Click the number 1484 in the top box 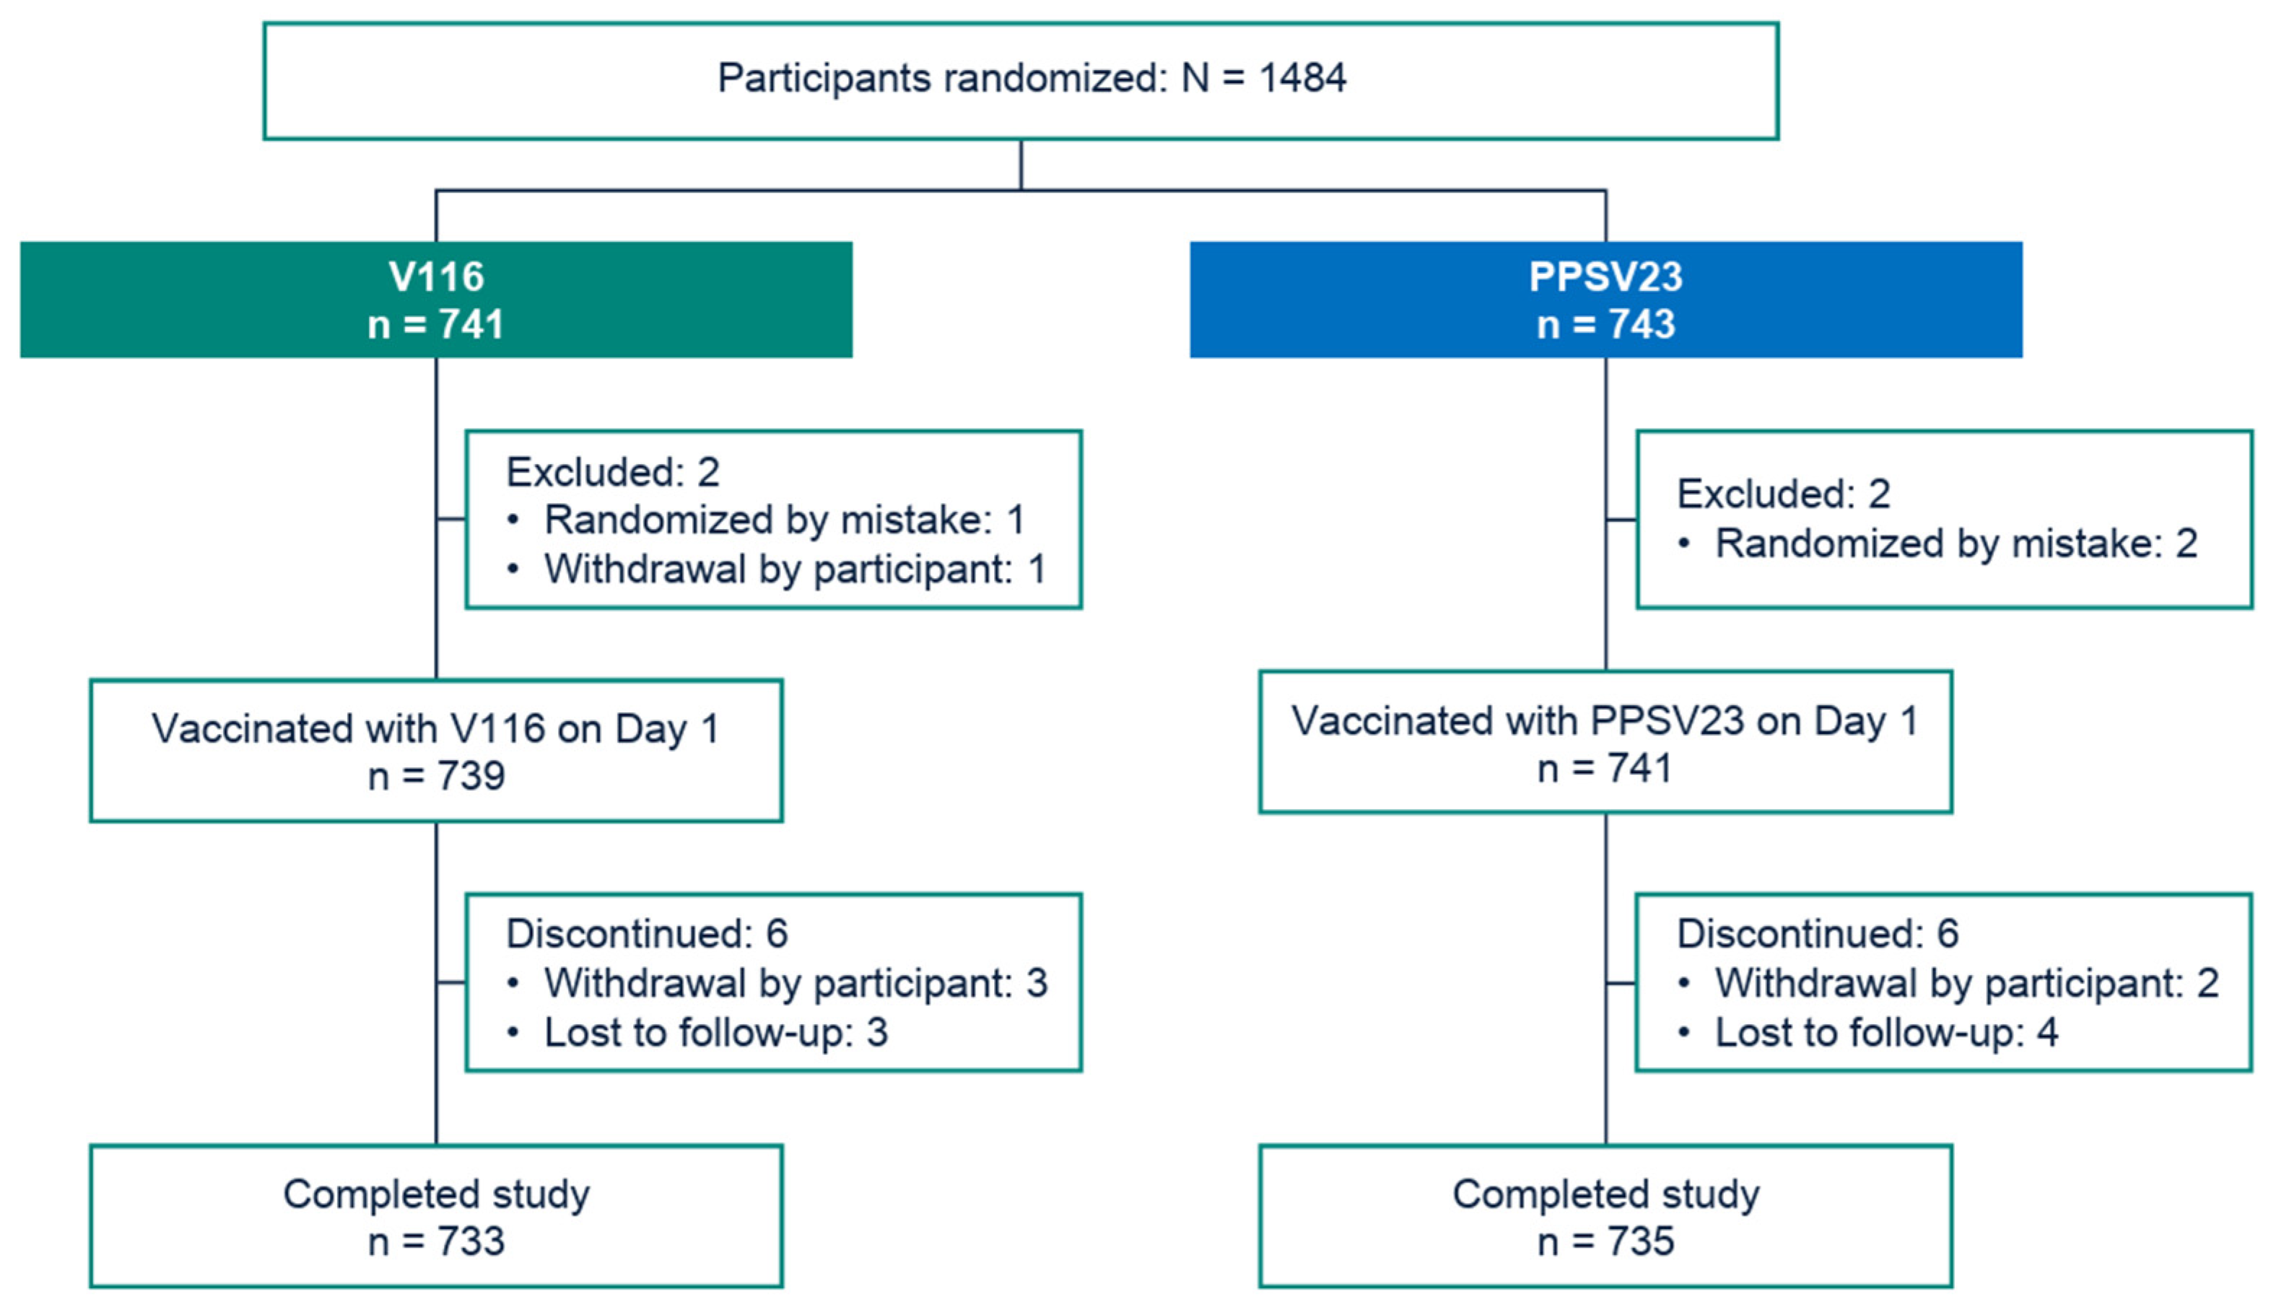(x=1302, y=78)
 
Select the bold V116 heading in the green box (x=436, y=276)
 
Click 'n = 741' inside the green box (x=436, y=324)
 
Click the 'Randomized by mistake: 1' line (x=784, y=520)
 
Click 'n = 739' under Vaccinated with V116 (x=436, y=776)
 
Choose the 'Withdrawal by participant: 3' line (x=795, y=983)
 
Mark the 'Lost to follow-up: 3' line (x=715, y=1032)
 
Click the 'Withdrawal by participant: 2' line (x=1966, y=983)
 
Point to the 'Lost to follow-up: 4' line (x=1886, y=1032)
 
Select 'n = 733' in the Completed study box (x=436, y=1241)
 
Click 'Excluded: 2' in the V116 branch (x=612, y=472)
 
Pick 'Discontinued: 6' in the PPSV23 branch (x=1818, y=934)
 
